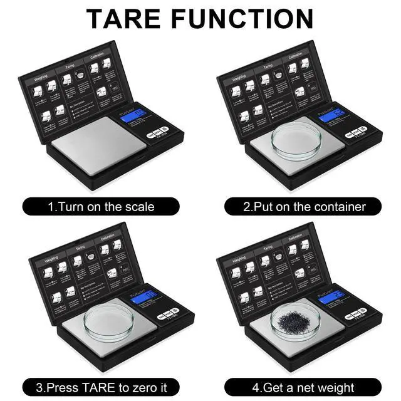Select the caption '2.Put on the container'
pyautogui.click(x=304, y=206)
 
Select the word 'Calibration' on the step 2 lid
pyautogui.click(x=295, y=56)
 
